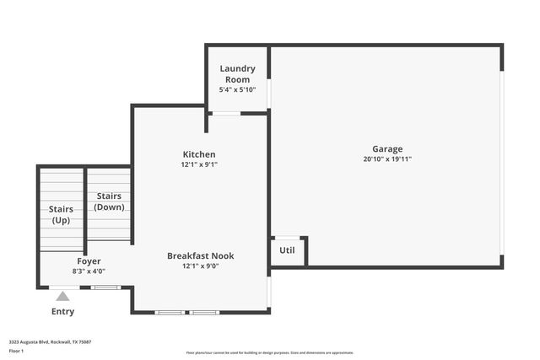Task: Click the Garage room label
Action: point(387,149)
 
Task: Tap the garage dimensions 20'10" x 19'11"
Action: point(387,159)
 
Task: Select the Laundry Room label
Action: point(237,73)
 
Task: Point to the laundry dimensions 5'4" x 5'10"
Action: point(237,89)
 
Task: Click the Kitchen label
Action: point(199,154)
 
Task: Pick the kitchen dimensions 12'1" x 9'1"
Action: point(199,165)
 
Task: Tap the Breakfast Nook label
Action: point(200,255)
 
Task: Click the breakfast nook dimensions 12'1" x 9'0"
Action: point(200,266)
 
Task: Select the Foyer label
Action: point(89,261)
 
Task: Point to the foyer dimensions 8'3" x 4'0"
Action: point(89,271)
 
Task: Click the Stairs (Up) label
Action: point(61,214)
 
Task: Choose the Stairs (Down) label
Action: point(109,201)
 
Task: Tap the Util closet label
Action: point(287,250)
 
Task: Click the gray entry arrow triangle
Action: point(62,296)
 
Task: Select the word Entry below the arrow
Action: point(62,311)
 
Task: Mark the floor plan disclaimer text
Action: point(269,352)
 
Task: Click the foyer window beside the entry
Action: point(106,287)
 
